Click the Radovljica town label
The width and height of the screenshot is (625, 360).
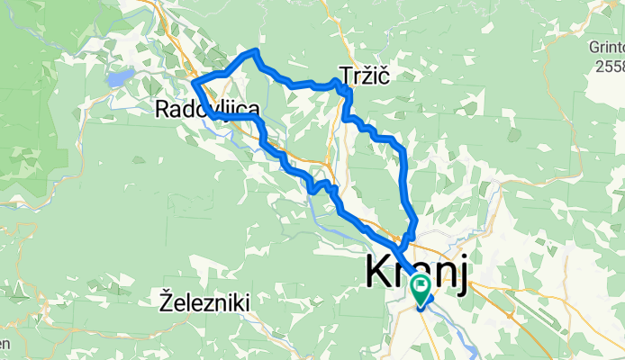[x=208, y=110]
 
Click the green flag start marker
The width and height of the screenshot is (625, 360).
[x=421, y=289]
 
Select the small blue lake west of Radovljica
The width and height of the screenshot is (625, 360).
[x=120, y=78]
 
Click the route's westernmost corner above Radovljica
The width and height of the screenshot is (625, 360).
[x=195, y=84]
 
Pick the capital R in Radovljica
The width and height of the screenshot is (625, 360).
[x=162, y=110]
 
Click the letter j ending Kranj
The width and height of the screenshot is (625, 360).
[x=460, y=273]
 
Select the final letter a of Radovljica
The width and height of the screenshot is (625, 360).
[x=255, y=110]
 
